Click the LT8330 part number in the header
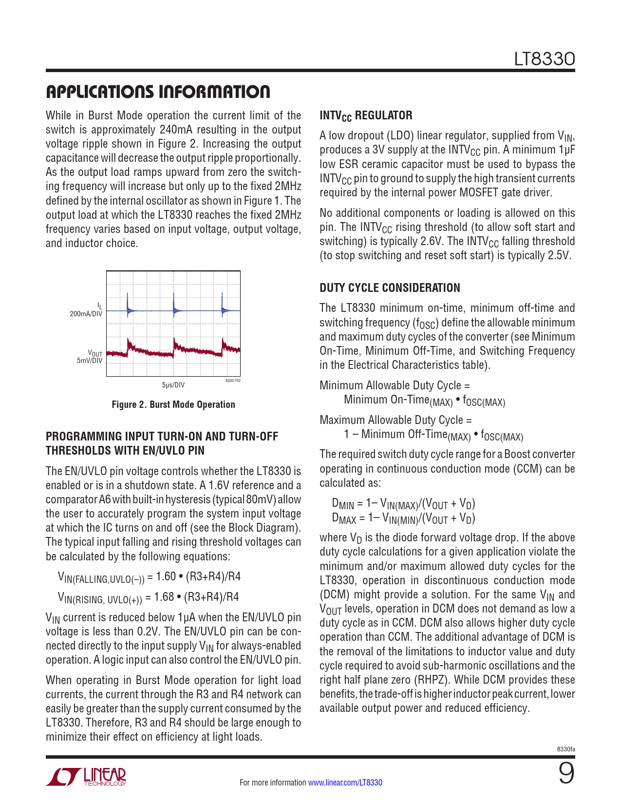coord(545,59)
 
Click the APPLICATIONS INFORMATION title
coord(158,92)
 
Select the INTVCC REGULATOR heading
coord(366,115)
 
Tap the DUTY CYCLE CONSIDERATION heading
coord(390,288)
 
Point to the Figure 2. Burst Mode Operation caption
coord(173,404)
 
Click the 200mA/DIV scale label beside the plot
coord(86,314)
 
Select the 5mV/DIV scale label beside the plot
coord(90,361)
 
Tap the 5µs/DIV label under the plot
coord(173,385)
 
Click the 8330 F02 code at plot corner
coord(233,381)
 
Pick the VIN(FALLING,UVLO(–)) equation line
coord(149,577)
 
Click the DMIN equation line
coord(403,504)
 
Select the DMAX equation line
coord(403,518)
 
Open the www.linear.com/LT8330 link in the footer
coord(345,783)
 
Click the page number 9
coord(566,774)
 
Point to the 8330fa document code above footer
coord(566,749)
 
